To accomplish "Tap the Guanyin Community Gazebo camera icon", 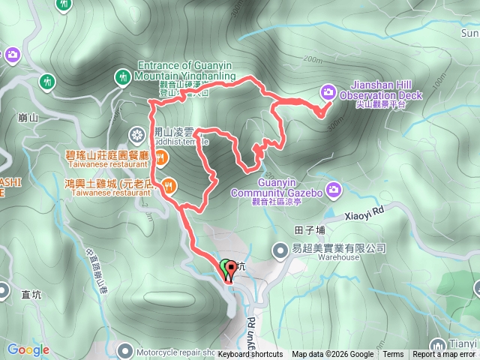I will pyautogui.click(x=334, y=188).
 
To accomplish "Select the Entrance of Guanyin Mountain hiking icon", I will pyautogui.click(x=122, y=76).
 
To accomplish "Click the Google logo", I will pyautogui.click(x=28, y=349).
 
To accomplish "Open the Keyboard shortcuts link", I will pyautogui.click(x=250, y=355).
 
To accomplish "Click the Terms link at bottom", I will pyautogui.click(x=393, y=355).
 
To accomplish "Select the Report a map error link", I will pyautogui.click(x=443, y=355).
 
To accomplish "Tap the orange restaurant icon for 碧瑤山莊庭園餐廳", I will pyautogui.click(x=161, y=157).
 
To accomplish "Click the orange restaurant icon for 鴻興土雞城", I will pyautogui.click(x=170, y=184).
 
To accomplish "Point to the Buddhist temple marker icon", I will pyautogui.click(x=136, y=135).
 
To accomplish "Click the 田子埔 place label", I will pyautogui.click(x=310, y=230).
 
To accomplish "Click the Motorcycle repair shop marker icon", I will pyautogui.click(x=123, y=351).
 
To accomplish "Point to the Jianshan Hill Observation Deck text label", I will pyautogui.click(x=381, y=91).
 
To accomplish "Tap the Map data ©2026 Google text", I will pyautogui.click(x=332, y=355).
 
